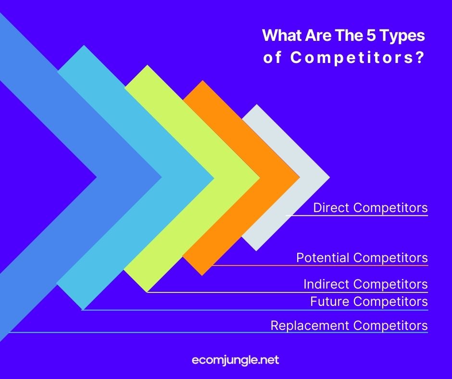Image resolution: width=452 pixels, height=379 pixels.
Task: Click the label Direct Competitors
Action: pyautogui.click(x=370, y=208)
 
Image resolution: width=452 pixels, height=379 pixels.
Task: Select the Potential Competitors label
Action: pyautogui.click(x=362, y=257)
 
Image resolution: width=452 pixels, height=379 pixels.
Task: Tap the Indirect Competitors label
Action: pyautogui.click(x=365, y=284)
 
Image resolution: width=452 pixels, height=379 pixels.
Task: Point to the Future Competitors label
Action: pyautogui.click(x=369, y=302)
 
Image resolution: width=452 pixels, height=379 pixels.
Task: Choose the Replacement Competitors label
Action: pyautogui.click(x=349, y=326)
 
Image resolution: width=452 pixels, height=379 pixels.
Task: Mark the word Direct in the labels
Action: pyautogui.click(x=331, y=208)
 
